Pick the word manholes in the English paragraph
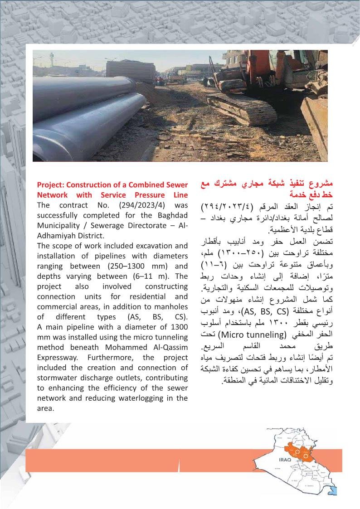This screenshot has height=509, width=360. [x=174, y=306]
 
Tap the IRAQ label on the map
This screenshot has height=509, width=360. [x=285, y=459]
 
